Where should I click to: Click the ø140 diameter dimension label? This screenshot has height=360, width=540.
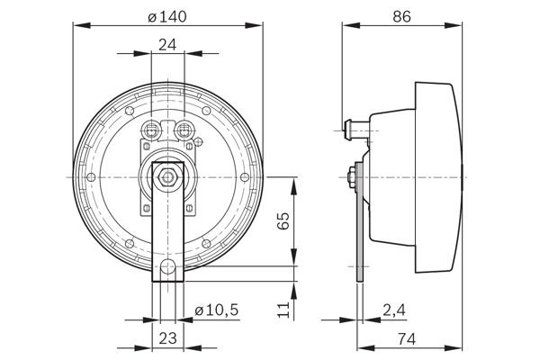[x=166, y=15]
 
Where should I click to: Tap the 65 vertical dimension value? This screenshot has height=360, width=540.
[x=283, y=221]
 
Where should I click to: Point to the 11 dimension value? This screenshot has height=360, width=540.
[x=283, y=310]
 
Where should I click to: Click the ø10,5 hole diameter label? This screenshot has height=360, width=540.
[x=216, y=310]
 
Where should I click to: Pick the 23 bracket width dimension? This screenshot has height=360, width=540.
[x=167, y=340]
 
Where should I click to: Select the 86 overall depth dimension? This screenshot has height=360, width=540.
[x=403, y=15]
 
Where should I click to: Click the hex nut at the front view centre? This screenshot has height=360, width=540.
[x=167, y=178]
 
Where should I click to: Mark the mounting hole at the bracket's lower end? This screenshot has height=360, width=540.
[x=168, y=266]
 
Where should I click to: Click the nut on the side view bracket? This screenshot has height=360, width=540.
[x=348, y=179]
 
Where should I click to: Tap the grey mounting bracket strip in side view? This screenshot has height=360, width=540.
[x=360, y=234]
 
